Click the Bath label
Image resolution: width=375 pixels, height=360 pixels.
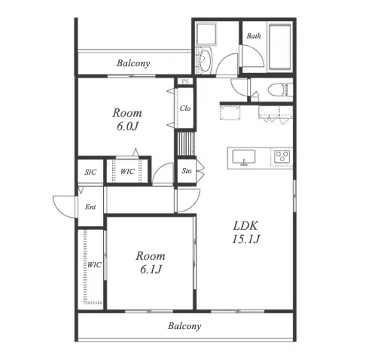pos(254,36)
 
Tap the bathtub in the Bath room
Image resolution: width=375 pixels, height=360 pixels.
pos(280,47)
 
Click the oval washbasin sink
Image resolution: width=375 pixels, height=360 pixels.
pos(205,61)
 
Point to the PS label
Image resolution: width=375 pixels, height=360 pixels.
pos(185,81)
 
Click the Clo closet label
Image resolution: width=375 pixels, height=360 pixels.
pos(185,108)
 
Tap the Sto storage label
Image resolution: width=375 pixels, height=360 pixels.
pos(187,171)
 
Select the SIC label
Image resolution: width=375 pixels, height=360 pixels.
pos(90,172)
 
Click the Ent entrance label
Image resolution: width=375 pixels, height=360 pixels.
pos(90,207)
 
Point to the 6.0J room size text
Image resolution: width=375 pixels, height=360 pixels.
pos(127,127)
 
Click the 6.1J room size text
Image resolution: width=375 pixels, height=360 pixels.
pos(151,270)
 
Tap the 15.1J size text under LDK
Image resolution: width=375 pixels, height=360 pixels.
pos(245,239)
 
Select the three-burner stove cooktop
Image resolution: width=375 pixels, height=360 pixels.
pos(282,156)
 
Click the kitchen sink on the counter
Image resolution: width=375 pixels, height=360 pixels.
pos(244,157)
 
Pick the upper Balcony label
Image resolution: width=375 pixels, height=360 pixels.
pos(133,63)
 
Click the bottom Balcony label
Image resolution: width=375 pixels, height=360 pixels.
pos(184,326)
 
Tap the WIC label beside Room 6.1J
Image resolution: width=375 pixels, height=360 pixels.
pos(94,265)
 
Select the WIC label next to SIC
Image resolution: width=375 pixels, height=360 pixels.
pos(127,172)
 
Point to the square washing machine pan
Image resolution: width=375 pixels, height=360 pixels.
pos(206,35)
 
